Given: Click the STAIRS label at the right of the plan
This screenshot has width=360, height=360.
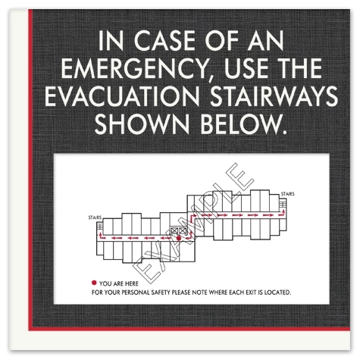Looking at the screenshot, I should [287, 194].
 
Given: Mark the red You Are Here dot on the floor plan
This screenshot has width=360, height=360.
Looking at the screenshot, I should [178, 238].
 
